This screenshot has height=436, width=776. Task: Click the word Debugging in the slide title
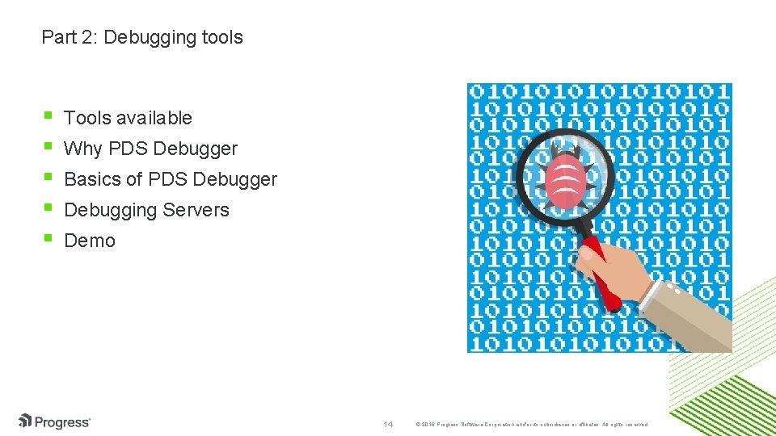(x=150, y=38)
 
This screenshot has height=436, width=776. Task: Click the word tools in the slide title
(x=222, y=37)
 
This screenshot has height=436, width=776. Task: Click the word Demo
(x=90, y=241)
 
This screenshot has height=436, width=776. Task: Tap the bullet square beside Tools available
(x=48, y=116)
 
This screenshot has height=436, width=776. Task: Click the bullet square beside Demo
(x=48, y=239)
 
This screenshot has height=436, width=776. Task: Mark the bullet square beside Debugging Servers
(x=48, y=208)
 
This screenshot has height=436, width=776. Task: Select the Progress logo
(x=55, y=421)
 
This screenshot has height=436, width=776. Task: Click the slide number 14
(x=388, y=424)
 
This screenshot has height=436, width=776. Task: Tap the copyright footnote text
(x=530, y=424)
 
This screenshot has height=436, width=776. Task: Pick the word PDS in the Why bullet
(x=129, y=149)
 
